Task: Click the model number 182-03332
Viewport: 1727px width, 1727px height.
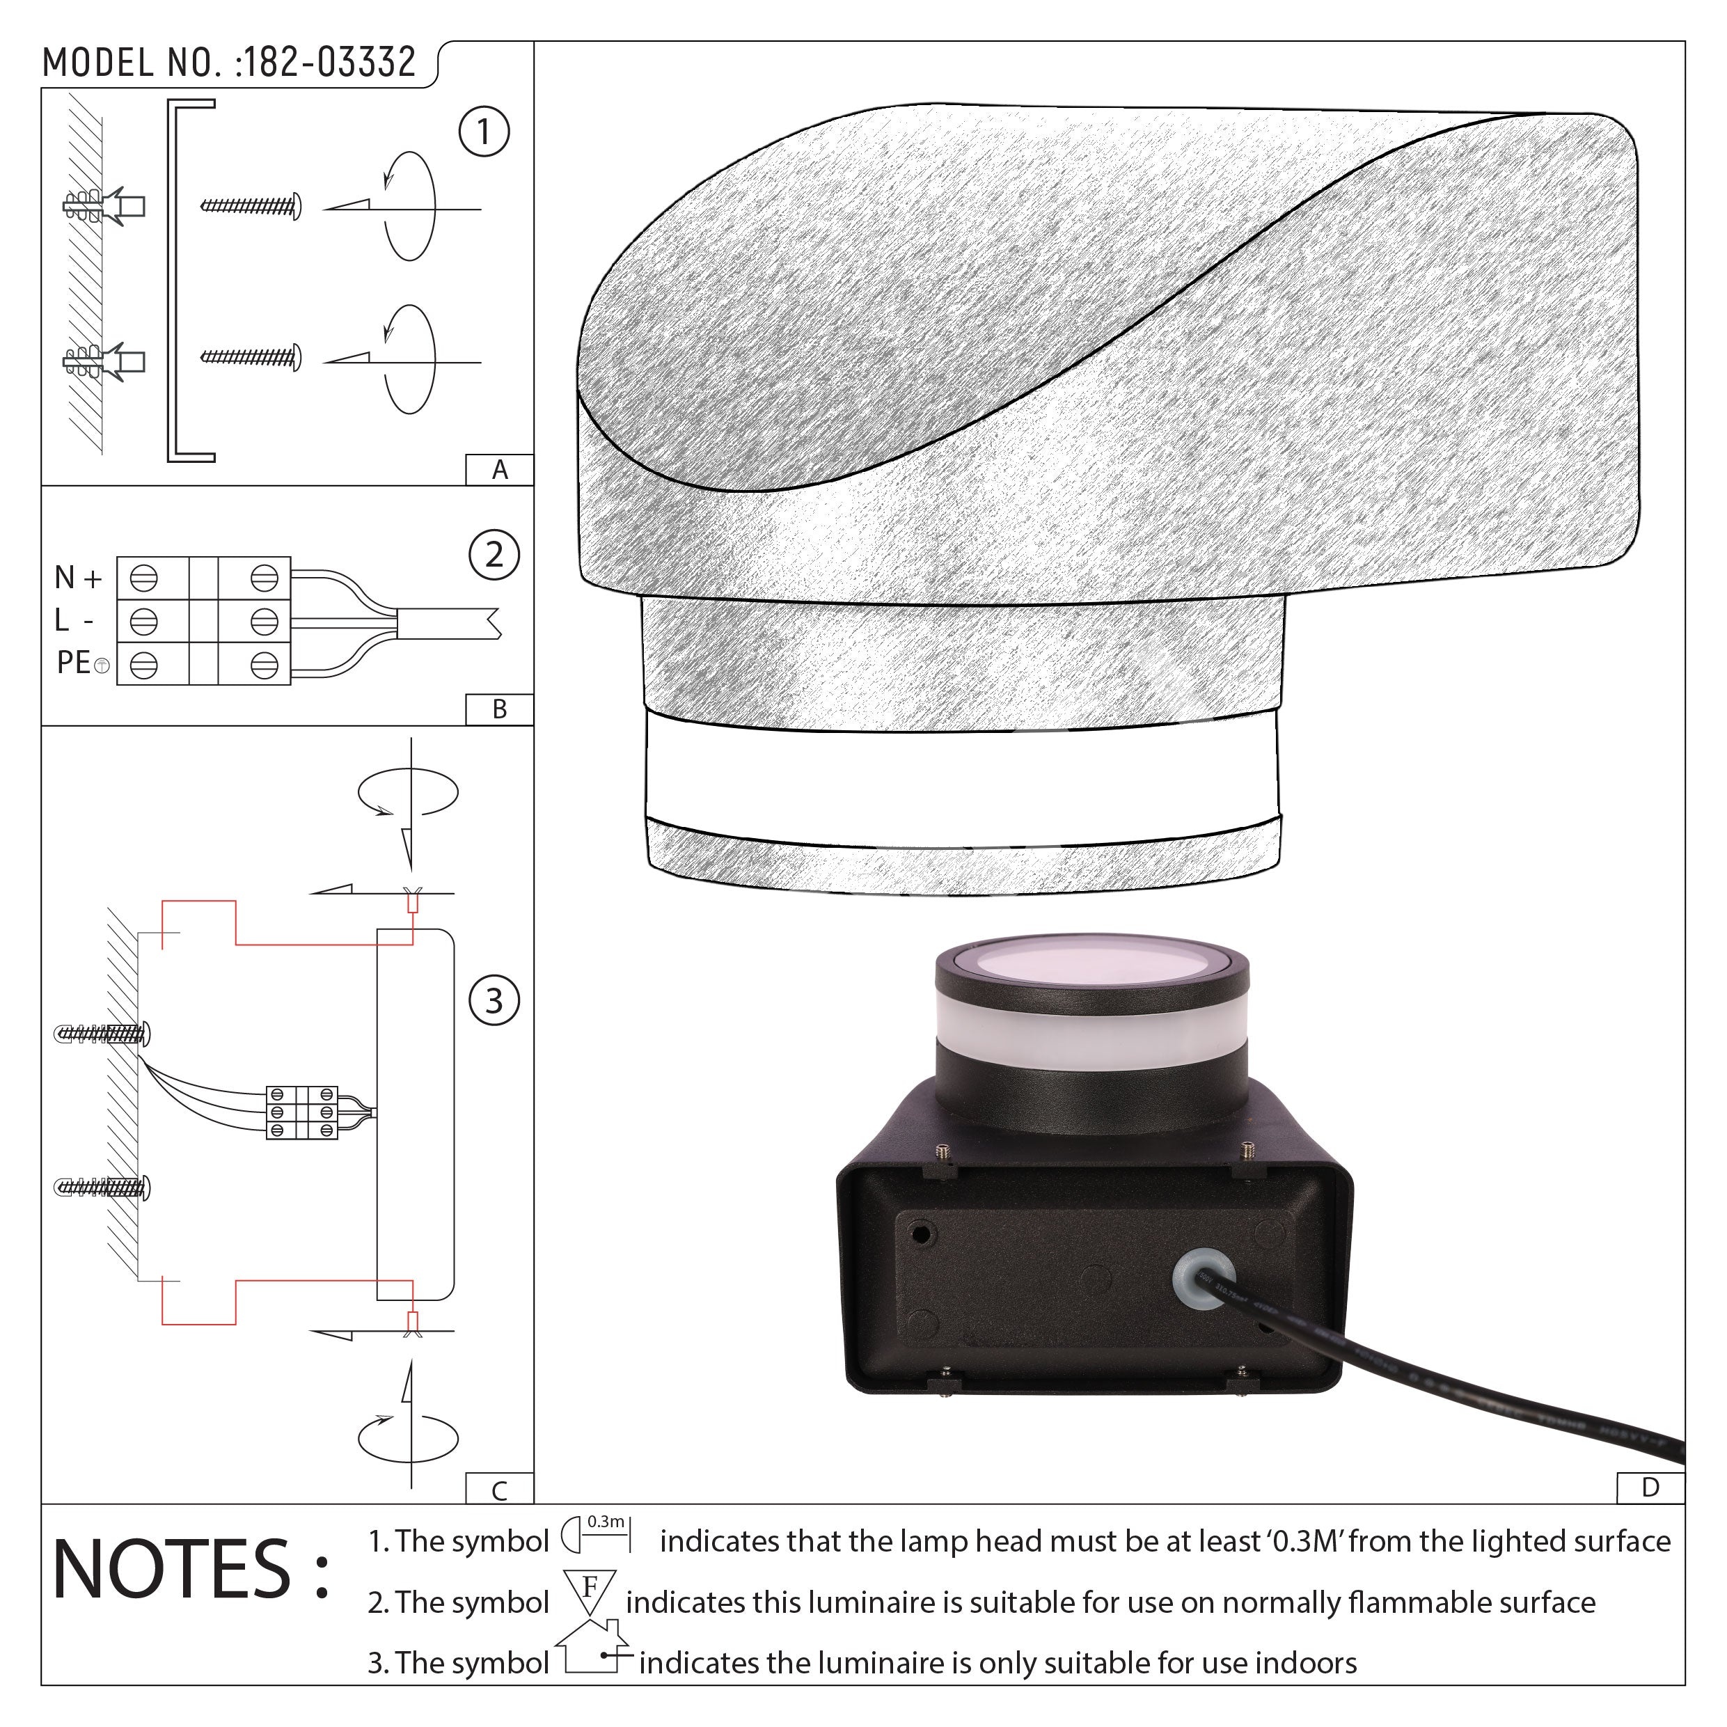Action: pos(330,63)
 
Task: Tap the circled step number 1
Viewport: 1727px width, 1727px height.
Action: pos(484,132)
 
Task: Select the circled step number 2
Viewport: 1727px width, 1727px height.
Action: pos(494,555)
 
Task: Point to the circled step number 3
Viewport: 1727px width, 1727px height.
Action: pos(494,1001)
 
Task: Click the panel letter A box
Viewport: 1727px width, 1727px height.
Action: pos(500,470)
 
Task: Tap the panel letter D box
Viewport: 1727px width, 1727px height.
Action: pos(1651,1488)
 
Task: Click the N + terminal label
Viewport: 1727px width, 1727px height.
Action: pos(79,578)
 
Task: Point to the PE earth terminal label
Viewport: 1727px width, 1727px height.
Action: pos(82,663)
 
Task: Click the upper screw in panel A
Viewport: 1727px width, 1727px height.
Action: pos(251,207)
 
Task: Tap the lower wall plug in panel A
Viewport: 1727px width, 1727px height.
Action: pos(104,361)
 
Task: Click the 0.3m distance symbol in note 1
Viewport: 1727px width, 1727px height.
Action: pos(597,1534)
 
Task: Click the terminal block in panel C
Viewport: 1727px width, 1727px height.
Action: pos(302,1112)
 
